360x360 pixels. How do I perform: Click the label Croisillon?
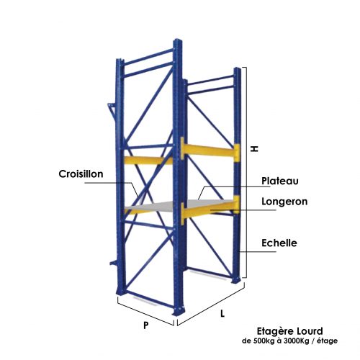[81, 174]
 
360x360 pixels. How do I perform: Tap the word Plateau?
[280, 181]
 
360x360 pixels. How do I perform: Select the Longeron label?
[284, 202]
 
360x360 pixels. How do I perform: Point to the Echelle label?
[279, 243]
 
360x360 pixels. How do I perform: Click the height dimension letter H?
[254, 149]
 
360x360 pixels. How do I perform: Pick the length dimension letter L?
[222, 313]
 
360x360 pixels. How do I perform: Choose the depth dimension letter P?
[146, 325]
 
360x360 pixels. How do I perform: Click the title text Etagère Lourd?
[290, 331]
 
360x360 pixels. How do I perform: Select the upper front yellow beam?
[210, 150]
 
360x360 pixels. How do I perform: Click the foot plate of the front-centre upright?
[179, 311]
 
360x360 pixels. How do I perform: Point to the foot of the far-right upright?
[236, 280]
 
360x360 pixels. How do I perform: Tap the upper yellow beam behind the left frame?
[148, 160]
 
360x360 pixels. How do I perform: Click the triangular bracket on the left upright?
[113, 112]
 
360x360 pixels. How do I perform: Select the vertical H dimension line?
[246, 172]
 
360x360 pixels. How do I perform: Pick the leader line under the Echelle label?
[257, 252]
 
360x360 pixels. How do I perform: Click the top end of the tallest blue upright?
[178, 40]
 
